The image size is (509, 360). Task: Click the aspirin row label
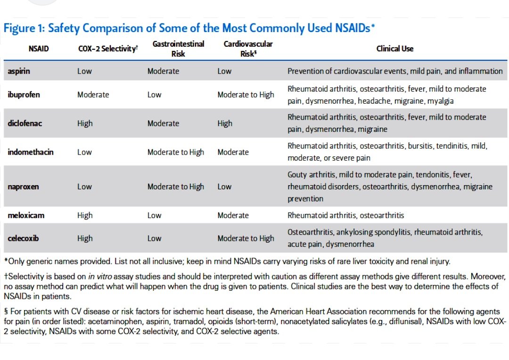click(x=18, y=71)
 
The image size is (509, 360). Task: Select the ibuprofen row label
click(x=24, y=95)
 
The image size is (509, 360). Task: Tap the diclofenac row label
click(x=25, y=123)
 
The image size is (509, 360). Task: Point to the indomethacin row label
click(x=31, y=152)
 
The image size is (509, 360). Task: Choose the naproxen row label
click(x=24, y=187)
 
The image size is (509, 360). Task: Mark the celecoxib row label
click(x=24, y=238)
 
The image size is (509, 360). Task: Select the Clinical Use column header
click(x=394, y=49)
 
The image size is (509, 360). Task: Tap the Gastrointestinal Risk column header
click(x=178, y=49)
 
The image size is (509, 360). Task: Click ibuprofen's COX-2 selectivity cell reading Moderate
click(x=93, y=95)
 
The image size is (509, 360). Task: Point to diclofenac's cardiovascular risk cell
click(x=225, y=123)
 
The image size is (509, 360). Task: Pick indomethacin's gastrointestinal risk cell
click(x=175, y=152)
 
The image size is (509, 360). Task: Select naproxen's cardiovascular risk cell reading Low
click(x=224, y=187)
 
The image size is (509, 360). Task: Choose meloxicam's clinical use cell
click(x=345, y=215)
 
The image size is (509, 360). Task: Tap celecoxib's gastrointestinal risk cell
click(x=154, y=238)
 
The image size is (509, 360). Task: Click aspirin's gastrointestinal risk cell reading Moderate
click(x=163, y=71)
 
